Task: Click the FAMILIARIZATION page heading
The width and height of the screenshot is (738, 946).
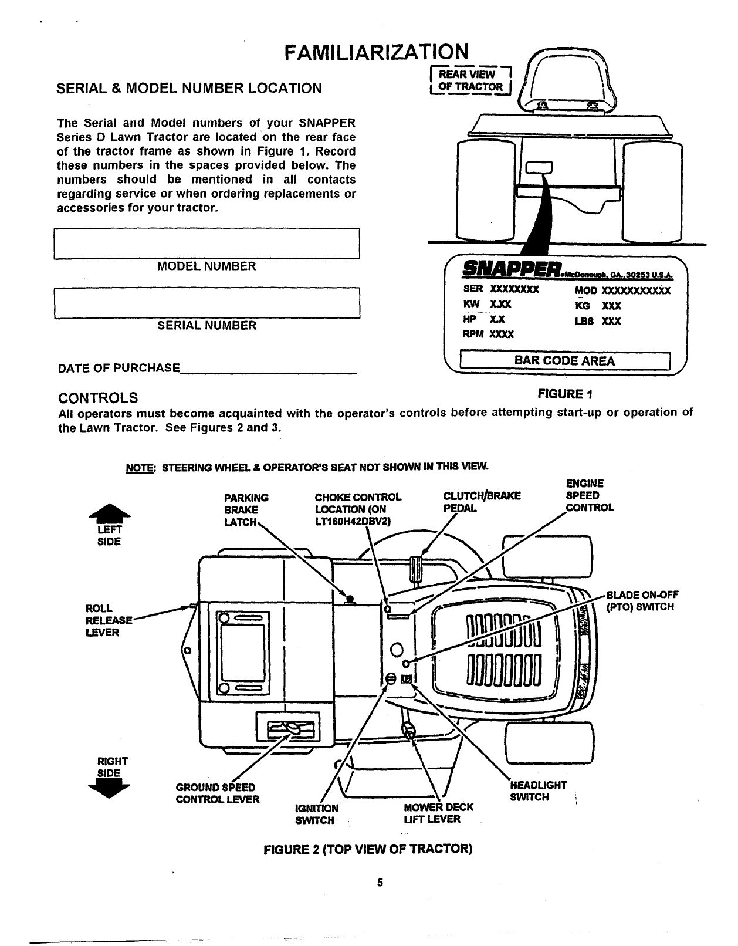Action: click(x=375, y=53)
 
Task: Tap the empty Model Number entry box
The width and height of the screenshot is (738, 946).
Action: click(x=206, y=244)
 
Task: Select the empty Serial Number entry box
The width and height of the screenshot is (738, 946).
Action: click(x=206, y=303)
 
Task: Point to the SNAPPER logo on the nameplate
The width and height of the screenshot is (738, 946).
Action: click(x=510, y=271)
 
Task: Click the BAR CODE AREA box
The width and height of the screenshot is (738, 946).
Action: click(x=564, y=360)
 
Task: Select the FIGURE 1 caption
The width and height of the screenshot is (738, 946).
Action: click(x=566, y=393)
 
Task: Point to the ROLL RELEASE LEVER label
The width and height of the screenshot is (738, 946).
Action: click(x=106, y=620)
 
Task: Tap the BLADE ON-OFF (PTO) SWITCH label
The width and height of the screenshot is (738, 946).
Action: click(x=641, y=600)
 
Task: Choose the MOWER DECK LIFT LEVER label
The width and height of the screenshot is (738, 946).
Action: click(x=438, y=813)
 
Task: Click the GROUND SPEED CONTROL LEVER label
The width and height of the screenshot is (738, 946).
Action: click(x=217, y=793)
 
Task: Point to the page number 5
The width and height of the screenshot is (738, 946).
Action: click(x=380, y=882)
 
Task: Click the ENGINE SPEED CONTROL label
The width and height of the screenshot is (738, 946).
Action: click(x=588, y=495)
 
